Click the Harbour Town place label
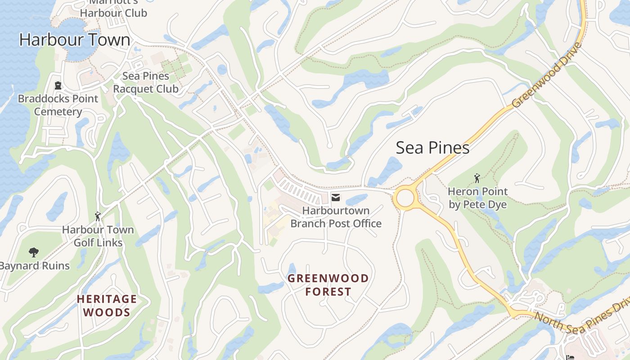coord(75,40)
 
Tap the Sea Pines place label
coord(432,148)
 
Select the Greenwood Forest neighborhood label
coord(328,285)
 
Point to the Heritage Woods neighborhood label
coord(107,306)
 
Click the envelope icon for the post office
coord(336,197)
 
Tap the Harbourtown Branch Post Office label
coord(336,217)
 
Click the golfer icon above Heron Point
coord(477,179)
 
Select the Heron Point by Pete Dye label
coord(477,198)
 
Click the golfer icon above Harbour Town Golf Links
coord(98,216)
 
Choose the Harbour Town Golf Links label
coord(98,236)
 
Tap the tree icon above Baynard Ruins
coord(33,252)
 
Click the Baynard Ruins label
coord(35,266)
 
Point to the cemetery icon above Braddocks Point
coord(58,85)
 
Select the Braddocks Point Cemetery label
coord(58,105)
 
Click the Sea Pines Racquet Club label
coord(145,82)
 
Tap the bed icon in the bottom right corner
coord(570,357)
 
